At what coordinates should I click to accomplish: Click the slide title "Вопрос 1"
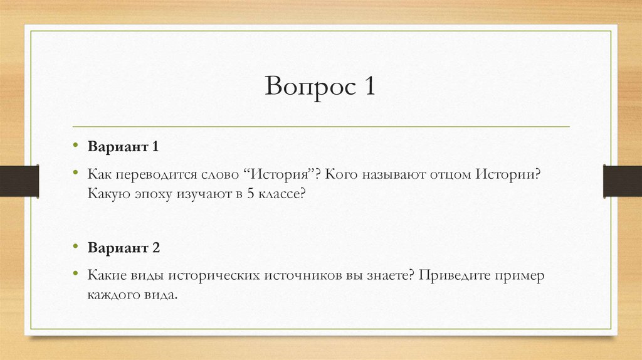click(319, 87)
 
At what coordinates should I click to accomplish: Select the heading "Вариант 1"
click(124, 147)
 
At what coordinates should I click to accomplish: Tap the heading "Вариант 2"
click(124, 247)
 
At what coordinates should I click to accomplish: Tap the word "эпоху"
click(152, 194)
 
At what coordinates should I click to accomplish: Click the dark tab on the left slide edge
click(19, 180)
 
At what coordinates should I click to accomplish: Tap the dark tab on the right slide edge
click(622, 180)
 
